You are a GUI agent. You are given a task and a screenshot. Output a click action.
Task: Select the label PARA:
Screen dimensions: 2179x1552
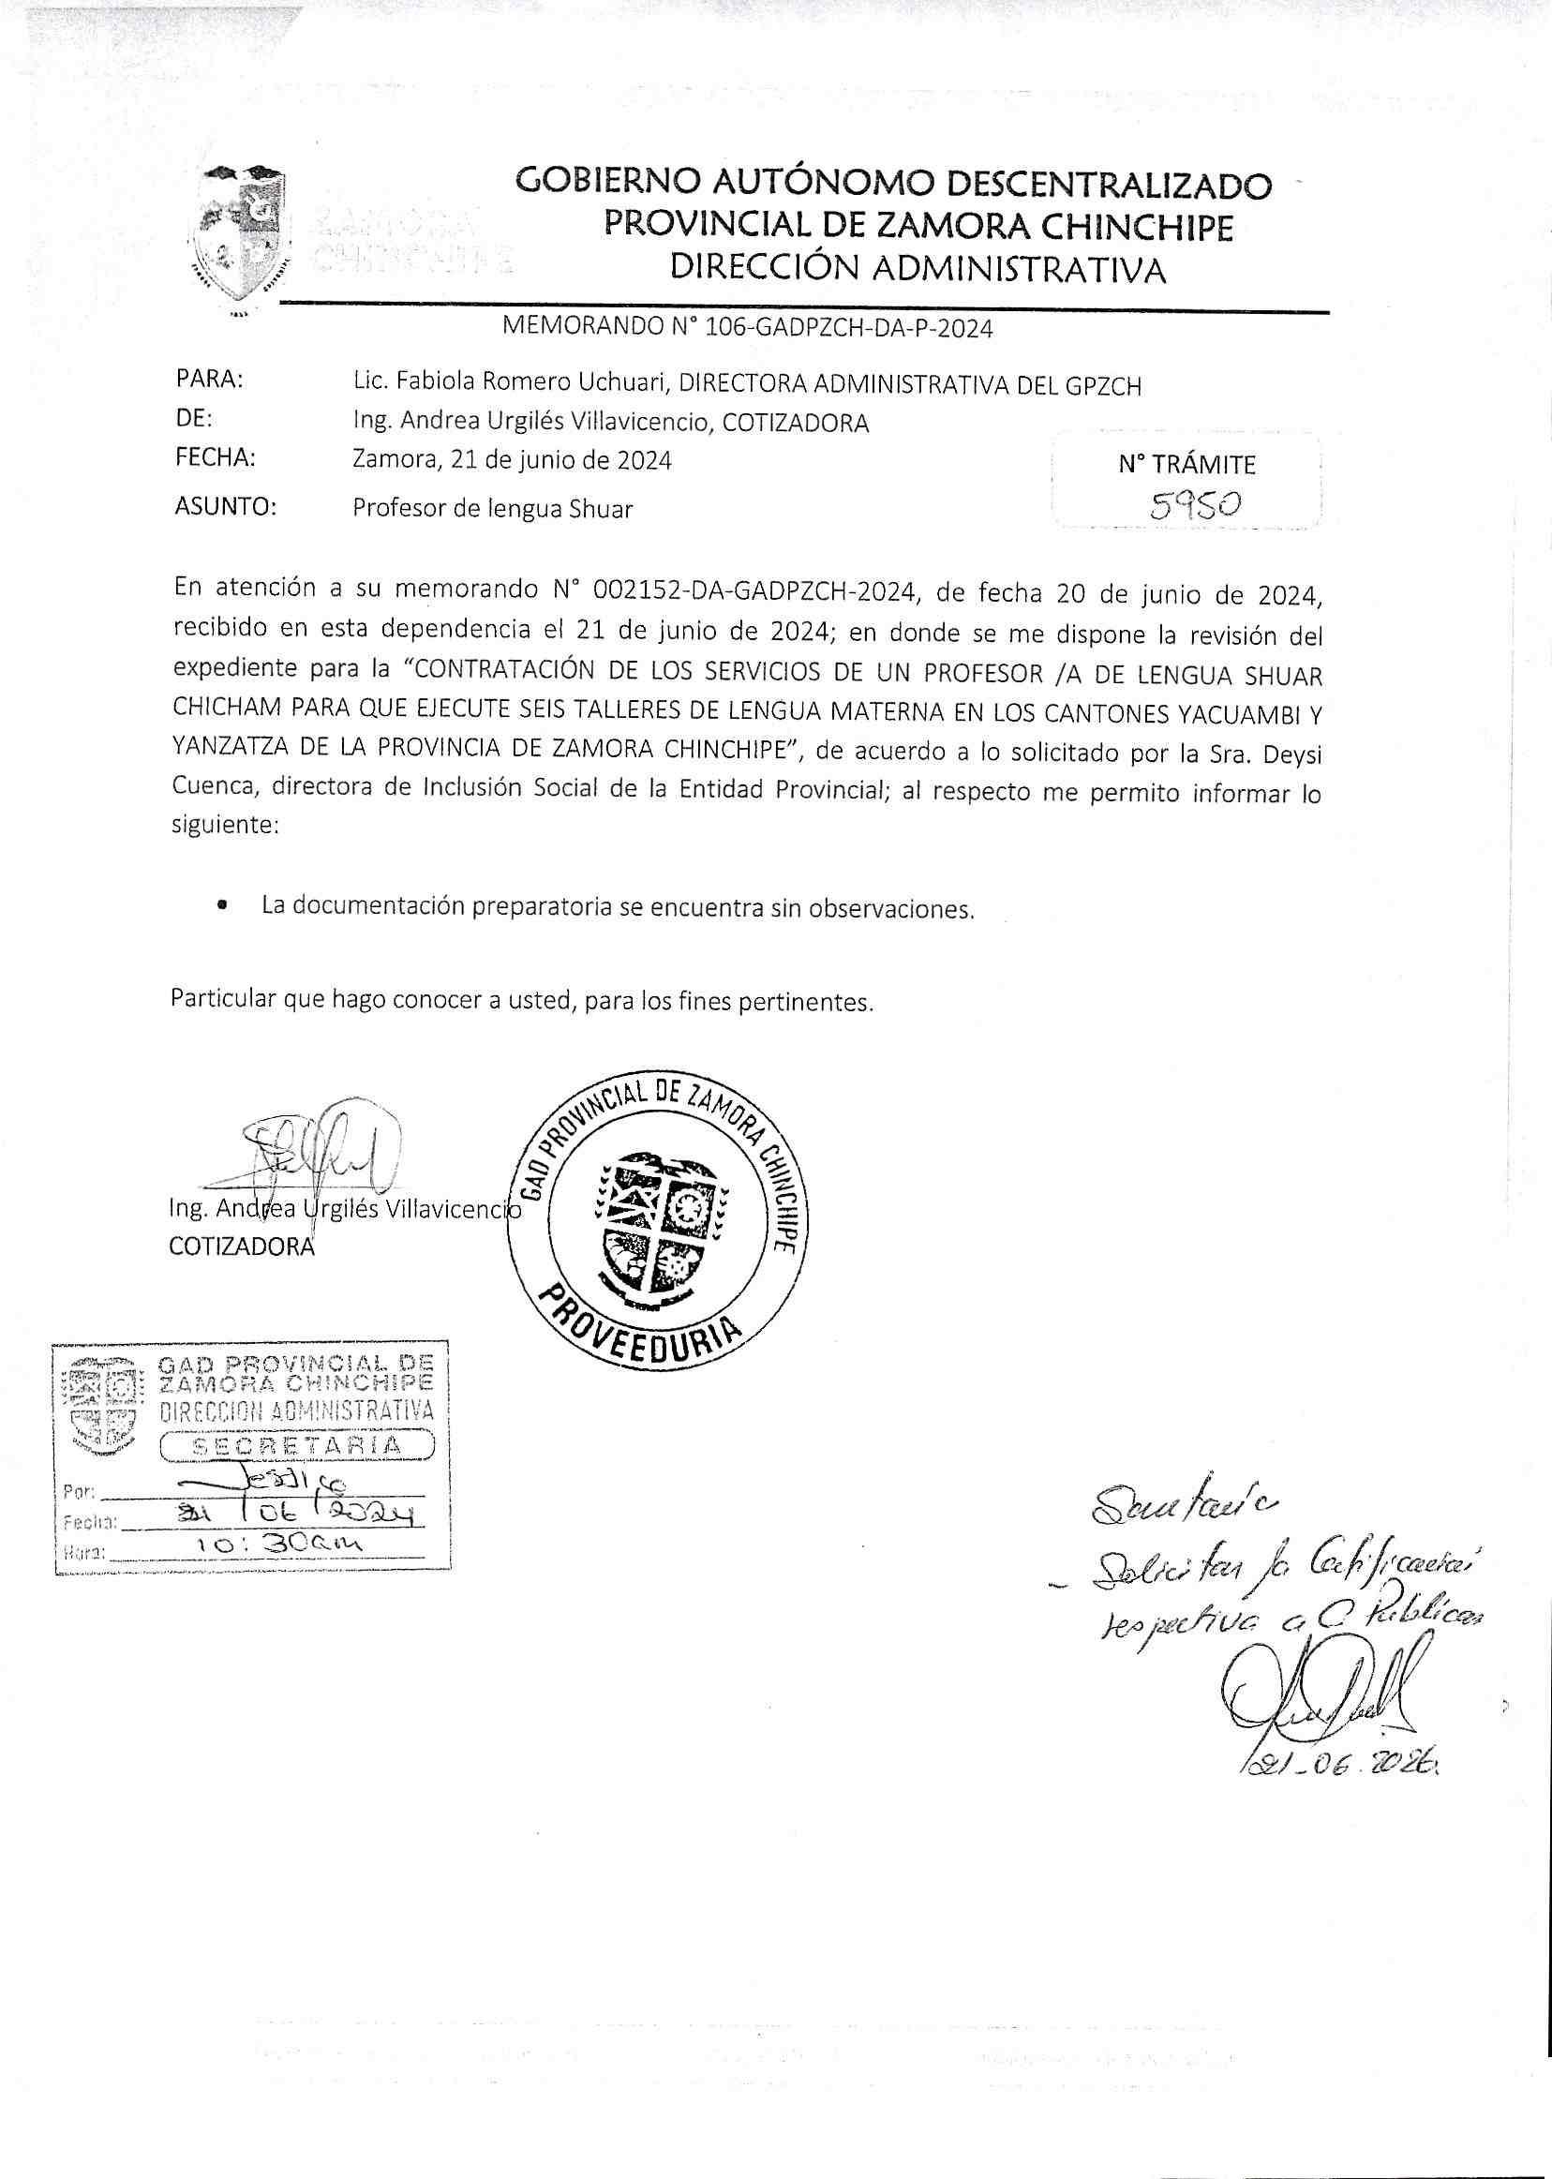[210, 380]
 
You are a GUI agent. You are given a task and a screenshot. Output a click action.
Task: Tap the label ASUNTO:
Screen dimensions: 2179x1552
[226, 507]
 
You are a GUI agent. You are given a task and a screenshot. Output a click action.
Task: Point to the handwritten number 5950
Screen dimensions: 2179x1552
[1196, 503]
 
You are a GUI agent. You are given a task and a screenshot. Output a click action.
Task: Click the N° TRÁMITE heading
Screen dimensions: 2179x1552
[1186, 466]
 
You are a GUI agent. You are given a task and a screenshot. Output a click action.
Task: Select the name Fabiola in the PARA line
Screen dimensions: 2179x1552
[430, 384]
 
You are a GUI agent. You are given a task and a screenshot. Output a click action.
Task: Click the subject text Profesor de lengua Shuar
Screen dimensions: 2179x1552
[492, 508]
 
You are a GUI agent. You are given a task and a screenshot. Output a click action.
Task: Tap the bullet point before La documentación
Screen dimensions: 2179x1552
[223, 903]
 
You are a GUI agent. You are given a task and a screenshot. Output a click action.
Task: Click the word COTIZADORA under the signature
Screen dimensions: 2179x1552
[242, 1246]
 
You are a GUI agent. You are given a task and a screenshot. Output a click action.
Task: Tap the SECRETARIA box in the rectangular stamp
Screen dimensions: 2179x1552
[297, 1445]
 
